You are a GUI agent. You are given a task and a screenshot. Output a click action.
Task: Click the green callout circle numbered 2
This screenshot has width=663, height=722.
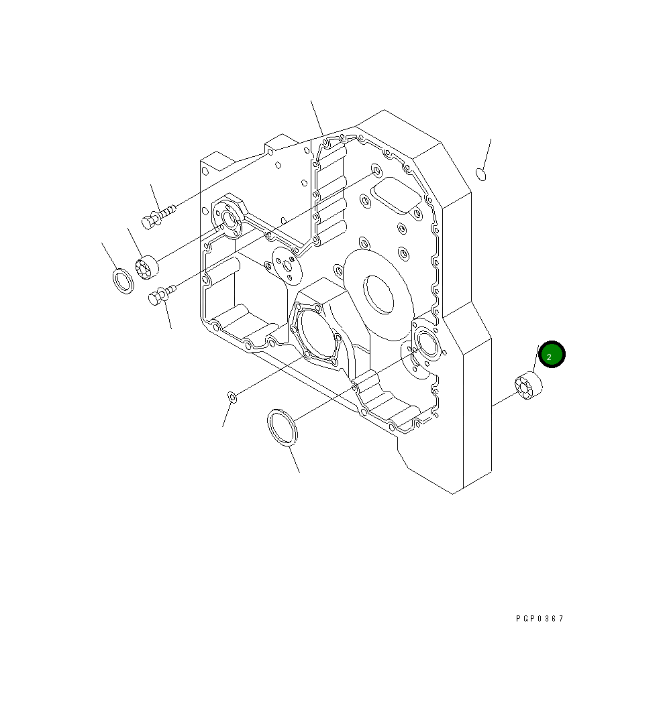click(552, 355)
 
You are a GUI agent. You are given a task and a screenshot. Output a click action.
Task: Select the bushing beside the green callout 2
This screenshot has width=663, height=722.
click(528, 385)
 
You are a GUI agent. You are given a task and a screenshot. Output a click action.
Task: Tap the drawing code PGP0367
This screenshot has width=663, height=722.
click(540, 618)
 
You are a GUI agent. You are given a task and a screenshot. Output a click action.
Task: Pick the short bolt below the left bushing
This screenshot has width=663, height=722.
click(162, 295)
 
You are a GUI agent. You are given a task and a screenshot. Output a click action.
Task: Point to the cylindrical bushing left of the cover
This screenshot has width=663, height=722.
click(147, 267)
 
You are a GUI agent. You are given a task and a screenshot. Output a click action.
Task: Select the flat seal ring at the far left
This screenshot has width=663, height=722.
click(123, 280)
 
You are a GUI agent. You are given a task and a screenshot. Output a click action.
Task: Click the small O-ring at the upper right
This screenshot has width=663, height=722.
click(481, 174)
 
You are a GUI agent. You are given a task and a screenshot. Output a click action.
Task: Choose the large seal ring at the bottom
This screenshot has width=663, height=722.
click(283, 426)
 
